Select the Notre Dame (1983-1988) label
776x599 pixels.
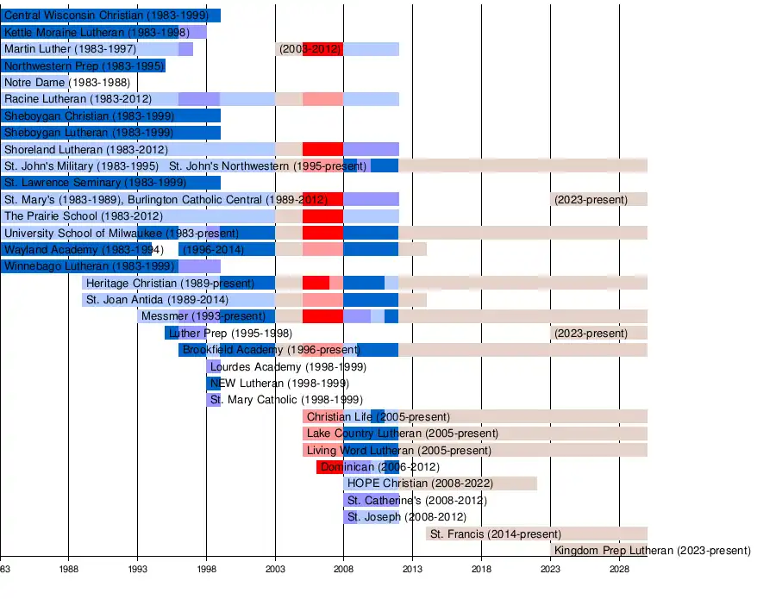[x=56, y=83]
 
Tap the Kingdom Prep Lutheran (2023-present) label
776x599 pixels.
[x=652, y=551]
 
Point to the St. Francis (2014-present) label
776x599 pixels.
[x=495, y=534]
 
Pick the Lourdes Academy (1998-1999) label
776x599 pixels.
[x=288, y=367]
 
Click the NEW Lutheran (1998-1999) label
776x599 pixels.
[x=279, y=384]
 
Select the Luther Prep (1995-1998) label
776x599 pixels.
[x=230, y=334]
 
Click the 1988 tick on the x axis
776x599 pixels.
[x=68, y=570]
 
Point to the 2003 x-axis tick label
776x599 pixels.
[x=275, y=570]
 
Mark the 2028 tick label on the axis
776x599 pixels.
[x=619, y=570]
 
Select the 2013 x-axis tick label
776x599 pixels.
[x=413, y=570]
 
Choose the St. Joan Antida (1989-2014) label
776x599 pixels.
[x=157, y=300]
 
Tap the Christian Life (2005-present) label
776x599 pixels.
[x=378, y=417]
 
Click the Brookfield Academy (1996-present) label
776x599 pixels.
[x=271, y=350]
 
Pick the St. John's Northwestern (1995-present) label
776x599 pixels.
[x=268, y=166]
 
